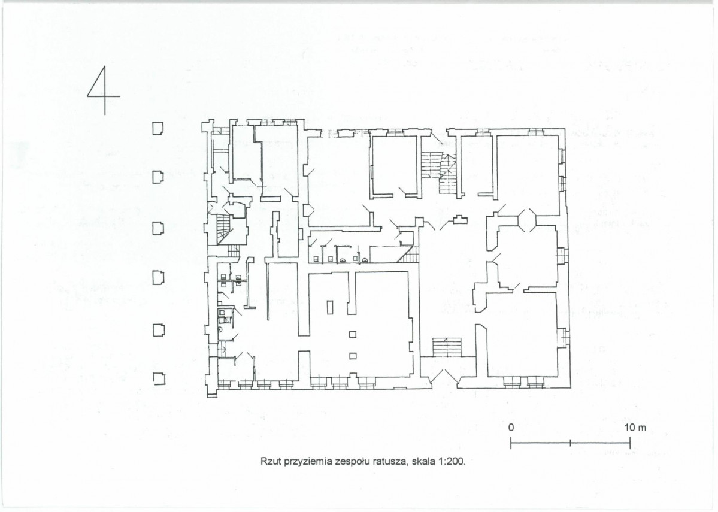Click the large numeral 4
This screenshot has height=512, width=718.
tap(104, 90)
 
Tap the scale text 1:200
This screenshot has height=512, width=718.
tap(452, 461)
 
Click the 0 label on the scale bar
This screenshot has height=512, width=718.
tap(511, 428)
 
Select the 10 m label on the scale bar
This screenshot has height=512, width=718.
tap(635, 428)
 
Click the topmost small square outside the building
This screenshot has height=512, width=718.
tap(158, 128)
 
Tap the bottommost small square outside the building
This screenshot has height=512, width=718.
tap(159, 379)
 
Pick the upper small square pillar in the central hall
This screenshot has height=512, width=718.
tap(353, 334)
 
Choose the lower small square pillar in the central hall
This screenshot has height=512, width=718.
tap(353, 356)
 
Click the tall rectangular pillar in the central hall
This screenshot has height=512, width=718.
tap(331, 307)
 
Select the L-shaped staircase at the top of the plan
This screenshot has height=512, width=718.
tap(440, 172)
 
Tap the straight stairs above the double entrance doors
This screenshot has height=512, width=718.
tap(447, 347)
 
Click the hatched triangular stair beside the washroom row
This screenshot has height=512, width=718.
tap(408, 255)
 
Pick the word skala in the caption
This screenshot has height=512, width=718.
tap(423, 461)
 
